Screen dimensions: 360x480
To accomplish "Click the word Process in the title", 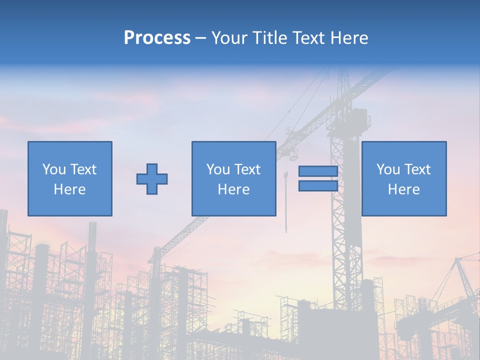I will click(x=157, y=38).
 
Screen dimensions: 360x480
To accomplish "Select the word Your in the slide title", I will click(x=228, y=38).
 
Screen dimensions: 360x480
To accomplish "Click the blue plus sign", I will click(x=152, y=178).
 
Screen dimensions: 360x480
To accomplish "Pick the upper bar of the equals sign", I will click(x=318, y=171).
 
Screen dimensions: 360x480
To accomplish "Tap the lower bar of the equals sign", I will click(x=318, y=185).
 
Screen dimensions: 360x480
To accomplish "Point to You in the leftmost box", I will click(x=53, y=169).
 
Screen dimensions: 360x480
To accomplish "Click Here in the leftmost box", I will click(x=70, y=189).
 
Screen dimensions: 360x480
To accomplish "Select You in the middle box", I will click(x=217, y=169).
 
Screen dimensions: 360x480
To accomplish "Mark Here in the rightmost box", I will click(x=404, y=189).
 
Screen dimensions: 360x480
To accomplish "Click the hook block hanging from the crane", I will click(x=286, y=175).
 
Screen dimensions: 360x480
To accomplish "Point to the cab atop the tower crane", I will click(x=356, y=120).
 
